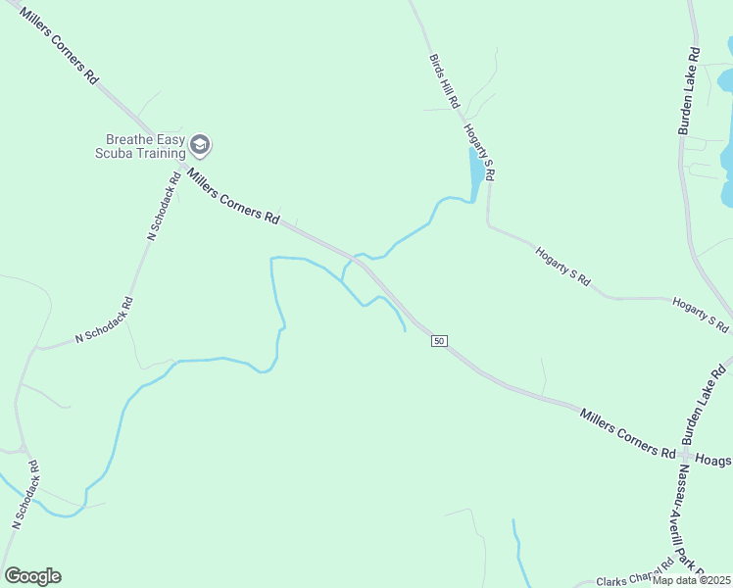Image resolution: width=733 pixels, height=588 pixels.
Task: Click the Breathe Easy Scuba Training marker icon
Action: (201, 146)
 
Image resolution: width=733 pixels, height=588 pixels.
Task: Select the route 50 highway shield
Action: (438, 340)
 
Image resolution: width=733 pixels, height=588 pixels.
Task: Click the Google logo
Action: (32, 576)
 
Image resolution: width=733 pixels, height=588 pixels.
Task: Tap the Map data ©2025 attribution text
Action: (692, 580)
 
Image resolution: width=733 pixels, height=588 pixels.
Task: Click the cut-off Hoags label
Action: (713, 459)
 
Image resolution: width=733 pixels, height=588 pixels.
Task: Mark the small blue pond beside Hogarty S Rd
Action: (475, 172)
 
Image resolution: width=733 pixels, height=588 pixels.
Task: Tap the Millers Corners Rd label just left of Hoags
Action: (627, 434)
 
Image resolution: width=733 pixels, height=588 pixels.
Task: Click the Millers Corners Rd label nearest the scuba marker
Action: (233, 198)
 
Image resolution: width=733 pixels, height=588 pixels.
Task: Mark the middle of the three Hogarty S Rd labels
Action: (562, 266)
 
